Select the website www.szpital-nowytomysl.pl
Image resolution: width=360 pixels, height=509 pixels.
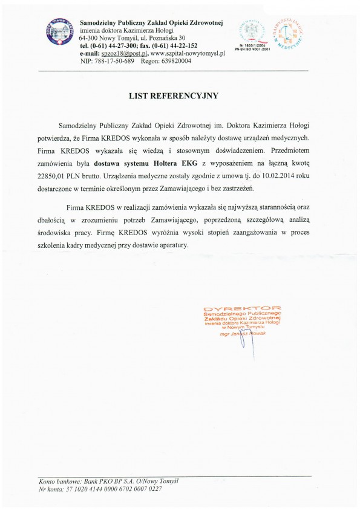188,53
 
